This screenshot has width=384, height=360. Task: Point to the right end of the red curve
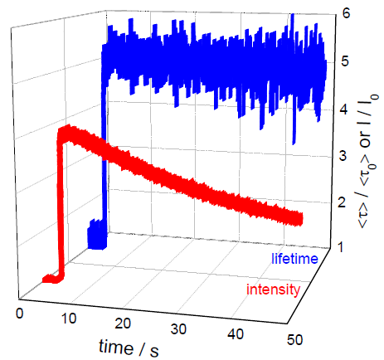click(297, 219)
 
